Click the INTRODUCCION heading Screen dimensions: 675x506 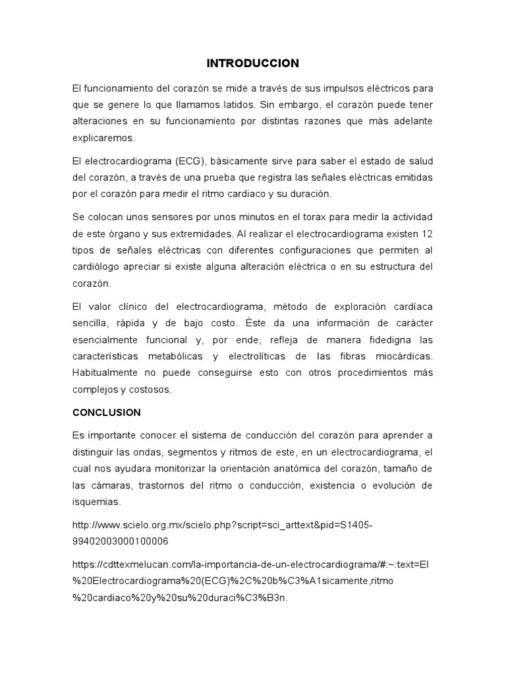pyautogui.click(x=253, y=63)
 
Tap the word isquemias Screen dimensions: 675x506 pyautogui.click(x=96, y=502)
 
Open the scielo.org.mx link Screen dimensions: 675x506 pyautogui.click(x=223, y=525)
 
